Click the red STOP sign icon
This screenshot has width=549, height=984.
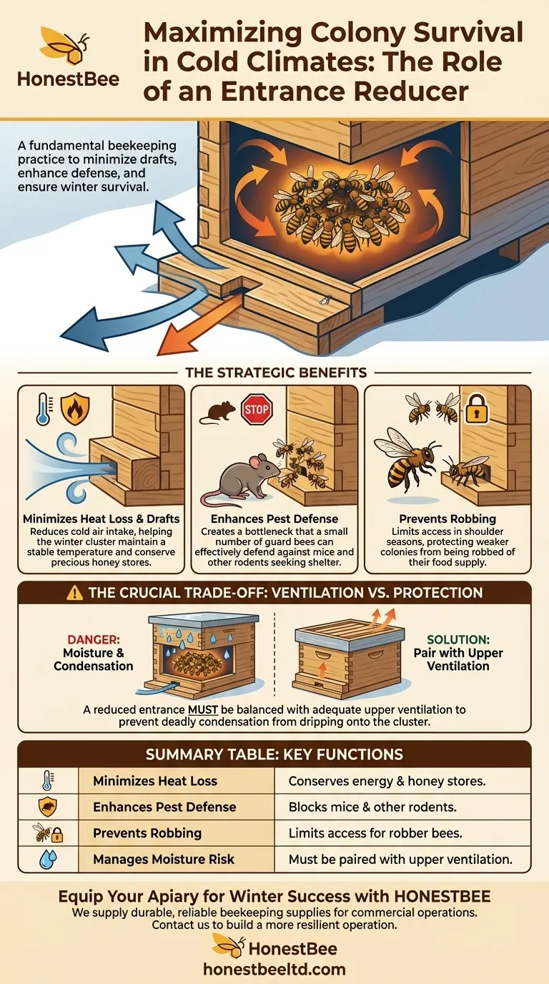pyautogui.click(x=257, y=410)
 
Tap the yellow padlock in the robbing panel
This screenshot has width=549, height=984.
pyautogui.click(x=477, y=408)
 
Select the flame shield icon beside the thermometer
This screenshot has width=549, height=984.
pyautogui.click(x=74, y=408)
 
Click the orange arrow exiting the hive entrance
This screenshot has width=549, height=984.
pyautogui.click(x=200, y=323)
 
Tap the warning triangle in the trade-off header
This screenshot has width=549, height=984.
pyautogui.click(x=74, y=593)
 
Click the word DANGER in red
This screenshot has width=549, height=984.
pyautogui.click(x=93, y=639)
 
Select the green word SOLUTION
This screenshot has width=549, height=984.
pyautogui.click(x=458, y=639)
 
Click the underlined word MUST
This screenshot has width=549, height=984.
pyautogui.click(x=203, y=709)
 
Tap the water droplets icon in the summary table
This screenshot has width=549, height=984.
pyautogui.click(x=48, y=860)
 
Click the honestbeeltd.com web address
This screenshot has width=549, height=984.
pyautogui.click(x=274, y=969)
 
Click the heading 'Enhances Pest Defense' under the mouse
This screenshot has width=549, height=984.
pyautogui.click(x=274, y=518)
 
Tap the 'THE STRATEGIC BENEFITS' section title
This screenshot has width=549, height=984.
pyautogui.click(x=276, y=373)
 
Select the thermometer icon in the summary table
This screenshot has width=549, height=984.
pyautogui.click(x=47, y=781)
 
